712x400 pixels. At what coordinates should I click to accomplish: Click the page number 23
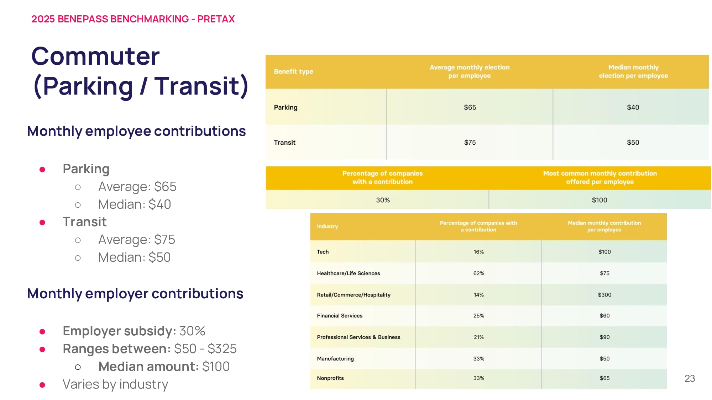coord(689,378)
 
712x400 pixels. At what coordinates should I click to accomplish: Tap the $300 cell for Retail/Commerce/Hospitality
coord(604,295)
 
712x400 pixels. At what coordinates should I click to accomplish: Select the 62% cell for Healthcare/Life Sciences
coord(478,273)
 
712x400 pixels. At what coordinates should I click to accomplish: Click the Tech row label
coord(323,252)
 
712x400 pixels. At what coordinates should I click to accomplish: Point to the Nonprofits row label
coord(330,378)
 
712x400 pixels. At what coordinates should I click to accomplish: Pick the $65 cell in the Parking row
coord(470,107)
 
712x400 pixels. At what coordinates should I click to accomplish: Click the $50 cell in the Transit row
coord(633,143)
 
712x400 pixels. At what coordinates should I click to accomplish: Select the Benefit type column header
coord(293,71)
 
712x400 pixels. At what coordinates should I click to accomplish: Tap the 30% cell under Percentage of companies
coord(383,200)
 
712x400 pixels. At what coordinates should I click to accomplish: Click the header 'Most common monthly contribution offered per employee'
coord(600,177)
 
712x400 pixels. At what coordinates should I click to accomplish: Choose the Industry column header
coord(327,226)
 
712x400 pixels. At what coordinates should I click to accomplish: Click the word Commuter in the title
coord(95,56)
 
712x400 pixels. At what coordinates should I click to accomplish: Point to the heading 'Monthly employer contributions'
coord(135,294)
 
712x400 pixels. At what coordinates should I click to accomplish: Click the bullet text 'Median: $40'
coord(135,204)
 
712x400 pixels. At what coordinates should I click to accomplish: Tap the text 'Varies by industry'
coord(115,384)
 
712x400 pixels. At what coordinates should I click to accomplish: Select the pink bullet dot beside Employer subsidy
coord(42,332)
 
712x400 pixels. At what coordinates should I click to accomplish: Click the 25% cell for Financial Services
coord(478,316)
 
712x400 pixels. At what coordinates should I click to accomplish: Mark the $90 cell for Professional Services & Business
coord(604,337)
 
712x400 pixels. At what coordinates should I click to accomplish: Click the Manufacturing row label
coord(335,359)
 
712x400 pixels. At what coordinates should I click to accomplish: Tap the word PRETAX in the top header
coord(216,19)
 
